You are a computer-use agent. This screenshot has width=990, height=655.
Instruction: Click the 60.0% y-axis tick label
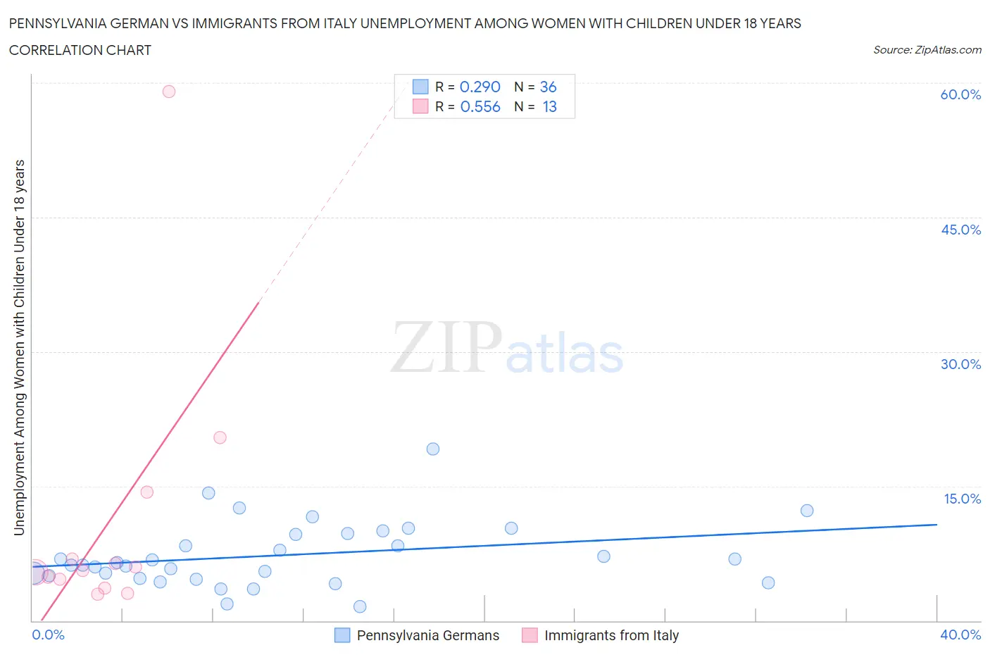[960, 94]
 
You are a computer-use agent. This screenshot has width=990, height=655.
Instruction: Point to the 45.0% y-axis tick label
[960, 230]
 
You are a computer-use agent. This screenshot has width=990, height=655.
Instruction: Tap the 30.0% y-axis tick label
[960, 364]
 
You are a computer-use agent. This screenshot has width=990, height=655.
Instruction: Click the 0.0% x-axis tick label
[48, 635]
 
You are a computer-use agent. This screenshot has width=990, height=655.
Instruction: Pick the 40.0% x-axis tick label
[960, 635]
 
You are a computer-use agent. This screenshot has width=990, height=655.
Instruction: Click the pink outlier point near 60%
[169, 92]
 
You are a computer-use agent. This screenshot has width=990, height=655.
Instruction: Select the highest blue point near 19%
[433, 449]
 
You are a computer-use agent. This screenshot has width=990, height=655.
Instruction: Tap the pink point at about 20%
[220, 437]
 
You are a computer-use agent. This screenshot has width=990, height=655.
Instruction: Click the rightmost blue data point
[807, 511]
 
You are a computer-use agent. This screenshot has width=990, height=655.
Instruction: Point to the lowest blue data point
[360, 606]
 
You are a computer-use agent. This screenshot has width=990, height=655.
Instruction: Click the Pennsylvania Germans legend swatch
[342, 635]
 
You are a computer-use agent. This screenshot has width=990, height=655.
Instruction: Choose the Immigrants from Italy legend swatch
[530, 635]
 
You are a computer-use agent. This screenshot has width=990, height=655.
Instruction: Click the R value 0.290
[480, 87]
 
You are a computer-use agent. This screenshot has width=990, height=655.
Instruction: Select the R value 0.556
[480, 106]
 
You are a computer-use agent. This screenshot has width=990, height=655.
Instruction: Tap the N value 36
[548, 87]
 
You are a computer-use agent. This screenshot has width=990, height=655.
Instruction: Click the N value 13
[549, 106]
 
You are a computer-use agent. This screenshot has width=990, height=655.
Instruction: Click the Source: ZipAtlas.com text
[927, 50]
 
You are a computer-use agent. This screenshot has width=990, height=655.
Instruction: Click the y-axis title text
[19, 347]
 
